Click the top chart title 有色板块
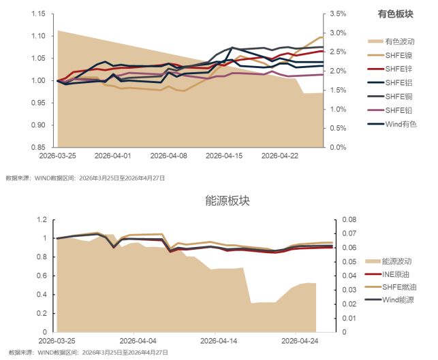(x=395, y=14)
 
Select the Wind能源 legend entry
(x=397, y=299)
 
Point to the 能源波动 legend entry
(x=396, y=261)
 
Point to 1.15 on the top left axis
(x=38, y=14)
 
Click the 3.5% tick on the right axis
(x=338, y=14)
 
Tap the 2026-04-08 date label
(x=169, y=156)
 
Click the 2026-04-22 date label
(x=280, y=156)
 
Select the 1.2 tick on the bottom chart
(x=42, y=220)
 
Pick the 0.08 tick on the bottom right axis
(x=348, y=220)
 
